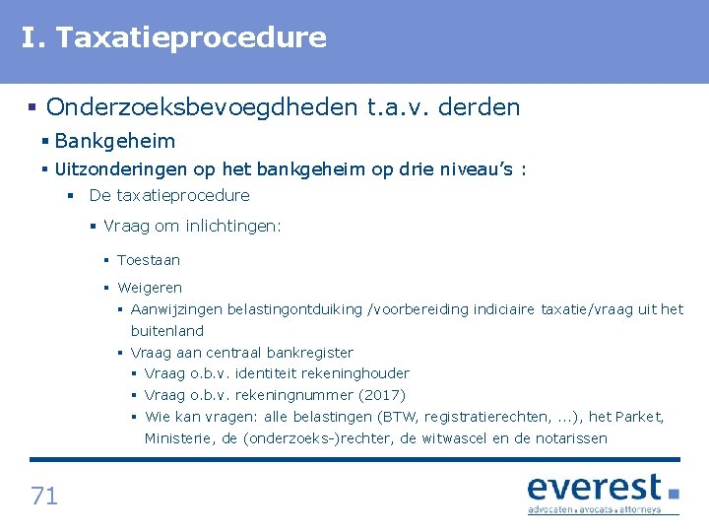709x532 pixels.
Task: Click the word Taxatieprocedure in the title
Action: click(191, 38)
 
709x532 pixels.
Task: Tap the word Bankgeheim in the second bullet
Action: click(115, 141)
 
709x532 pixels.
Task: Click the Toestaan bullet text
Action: click(149, 260)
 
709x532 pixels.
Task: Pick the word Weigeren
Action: click(150, 288)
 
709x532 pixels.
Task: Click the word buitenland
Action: click(167, 331)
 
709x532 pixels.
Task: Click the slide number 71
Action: click(44, 496)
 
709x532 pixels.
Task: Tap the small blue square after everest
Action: click(674, 494)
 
